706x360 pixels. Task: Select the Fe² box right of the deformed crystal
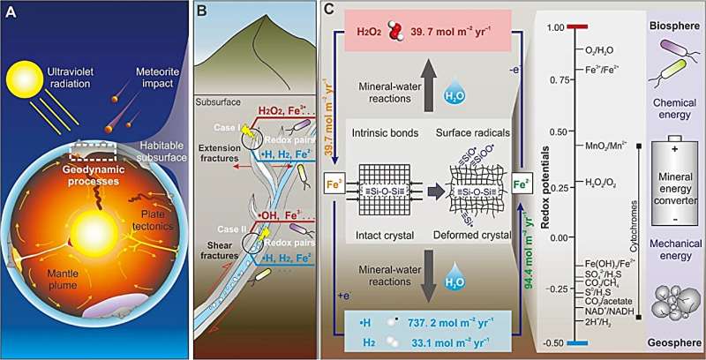click(521, 185)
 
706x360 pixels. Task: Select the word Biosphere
click(665, 17)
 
